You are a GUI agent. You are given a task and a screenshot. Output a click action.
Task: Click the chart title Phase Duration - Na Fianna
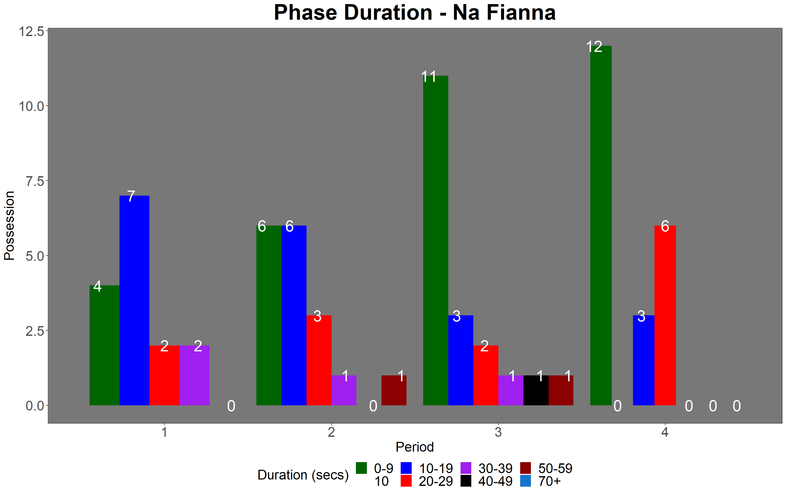point(415,13)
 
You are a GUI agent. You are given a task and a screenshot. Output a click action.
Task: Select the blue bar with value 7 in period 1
point(135,300)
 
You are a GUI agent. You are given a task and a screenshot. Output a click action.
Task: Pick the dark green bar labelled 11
point(435,240)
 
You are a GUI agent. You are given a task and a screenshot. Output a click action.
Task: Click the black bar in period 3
point(536,390)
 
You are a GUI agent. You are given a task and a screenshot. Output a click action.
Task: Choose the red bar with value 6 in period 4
point(665,315)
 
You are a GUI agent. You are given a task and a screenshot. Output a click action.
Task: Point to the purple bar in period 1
point(194,375)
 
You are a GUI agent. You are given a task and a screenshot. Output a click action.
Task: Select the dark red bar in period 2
point(394,390)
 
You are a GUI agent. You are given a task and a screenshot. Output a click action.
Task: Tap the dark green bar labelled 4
point(105,345)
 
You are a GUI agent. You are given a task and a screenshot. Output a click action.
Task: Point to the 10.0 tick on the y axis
point(31,106)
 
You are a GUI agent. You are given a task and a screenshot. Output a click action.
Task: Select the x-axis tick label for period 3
point(498,432)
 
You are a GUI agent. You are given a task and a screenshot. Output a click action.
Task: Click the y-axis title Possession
point(9,226)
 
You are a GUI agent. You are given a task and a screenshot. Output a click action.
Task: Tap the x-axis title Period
point(415,447)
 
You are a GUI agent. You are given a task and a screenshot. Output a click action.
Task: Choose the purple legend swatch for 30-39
point(466,468)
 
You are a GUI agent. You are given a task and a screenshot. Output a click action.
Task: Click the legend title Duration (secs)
point(303,475)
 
